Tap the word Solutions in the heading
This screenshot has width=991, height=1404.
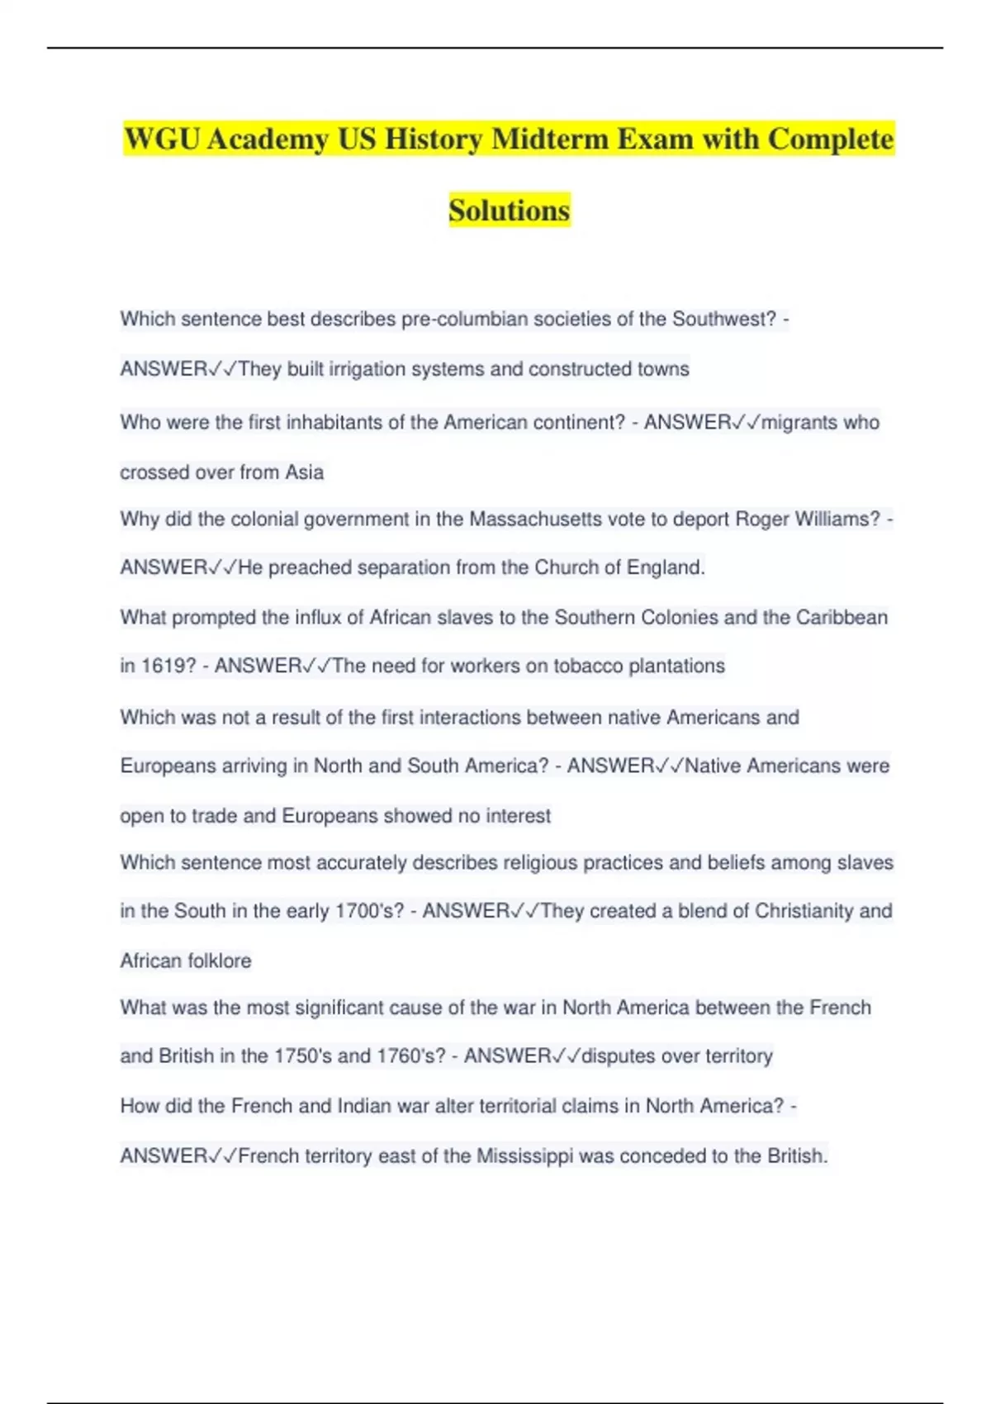click(509, 211)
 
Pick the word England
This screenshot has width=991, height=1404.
click(666, 567)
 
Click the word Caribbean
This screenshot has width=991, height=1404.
click(842, 617)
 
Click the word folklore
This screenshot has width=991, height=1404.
click(219, 961)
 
